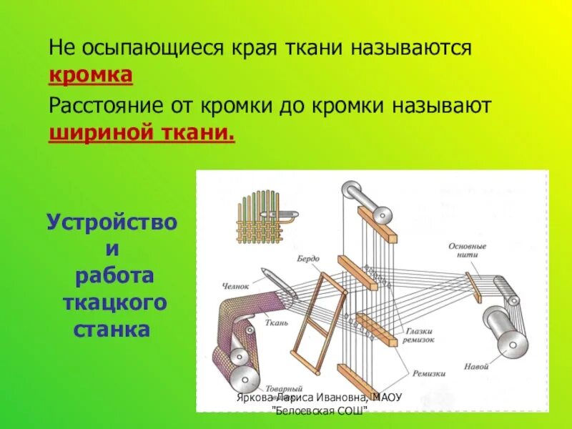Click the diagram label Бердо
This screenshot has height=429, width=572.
(x=310, y=258)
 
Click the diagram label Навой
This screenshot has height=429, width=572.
(x=475, y=365)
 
